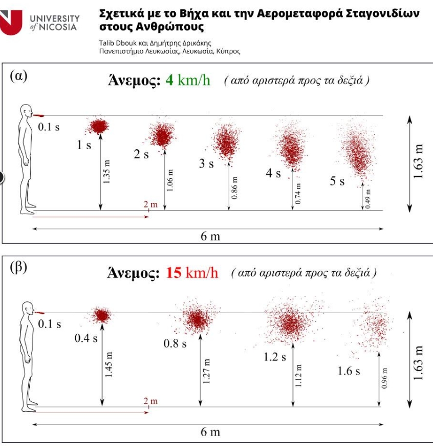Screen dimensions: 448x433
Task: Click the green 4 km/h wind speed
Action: pyautogui.click(x=187, y=80)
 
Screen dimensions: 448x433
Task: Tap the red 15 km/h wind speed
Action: pyautogui.click(x=192, y=272)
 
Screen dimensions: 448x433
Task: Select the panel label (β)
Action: pyautogui.click(x=19, y=268)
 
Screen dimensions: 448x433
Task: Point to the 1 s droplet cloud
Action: pyautogui.click(x=99, y=125)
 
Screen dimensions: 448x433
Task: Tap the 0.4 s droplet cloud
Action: pyautogui.click(x=101, y=315)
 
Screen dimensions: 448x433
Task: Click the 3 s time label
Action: pyautogui.click(x=206, y=164)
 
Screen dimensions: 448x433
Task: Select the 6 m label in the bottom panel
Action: pyautogui.click(x=210, y=432)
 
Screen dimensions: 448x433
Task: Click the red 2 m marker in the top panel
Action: pyautogui.click(x=150, y=206)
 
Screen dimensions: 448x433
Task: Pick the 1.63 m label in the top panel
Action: pyautogui.click(x=420, y=160)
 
